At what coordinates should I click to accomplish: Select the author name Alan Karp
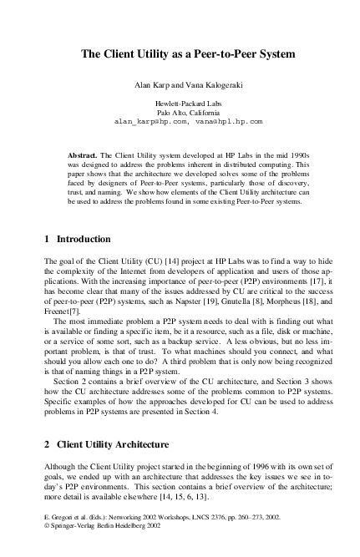(x=152, y=85)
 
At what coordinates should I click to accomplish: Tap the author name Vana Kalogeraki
(x=210, y=85)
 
